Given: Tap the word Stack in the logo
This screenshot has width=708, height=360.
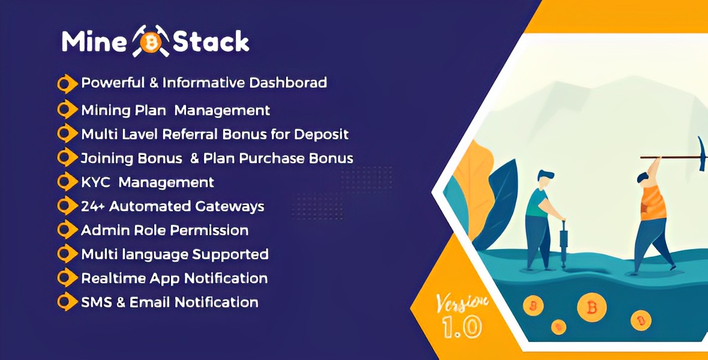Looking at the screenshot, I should (x=211, y=41).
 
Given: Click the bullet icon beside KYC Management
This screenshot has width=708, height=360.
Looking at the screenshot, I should (x=66, y=181).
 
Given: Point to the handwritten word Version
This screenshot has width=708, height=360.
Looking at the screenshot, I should (x=461, y=301).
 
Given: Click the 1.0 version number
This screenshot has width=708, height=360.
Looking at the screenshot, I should (x=461, y=327).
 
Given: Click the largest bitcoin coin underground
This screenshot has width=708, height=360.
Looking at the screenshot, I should (x=591, y=308).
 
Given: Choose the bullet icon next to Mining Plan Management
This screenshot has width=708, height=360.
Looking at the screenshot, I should (x=66, y=110).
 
